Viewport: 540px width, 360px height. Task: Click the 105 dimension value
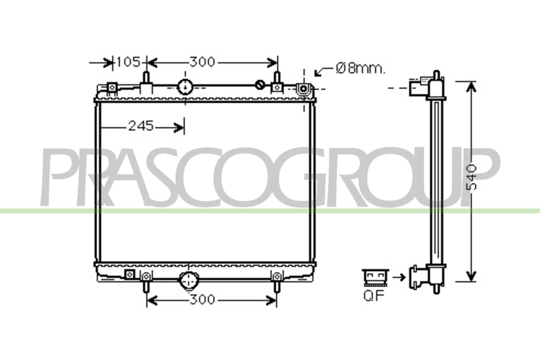tap(128, 62)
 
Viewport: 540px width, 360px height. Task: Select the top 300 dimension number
tap(202, 62)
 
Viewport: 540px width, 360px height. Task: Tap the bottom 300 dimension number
tap(202, 300)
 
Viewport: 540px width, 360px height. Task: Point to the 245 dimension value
tap(141, 126)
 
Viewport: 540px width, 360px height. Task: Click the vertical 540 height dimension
tap(470, 177)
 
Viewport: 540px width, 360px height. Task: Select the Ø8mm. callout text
tap(360, 69)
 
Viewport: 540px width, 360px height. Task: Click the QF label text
tap(374, 296)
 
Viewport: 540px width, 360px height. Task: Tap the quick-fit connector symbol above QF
tap(375, 278)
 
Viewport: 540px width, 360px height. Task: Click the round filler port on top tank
tap(185, 87)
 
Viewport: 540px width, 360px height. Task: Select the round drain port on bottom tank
tap(189, 281)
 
